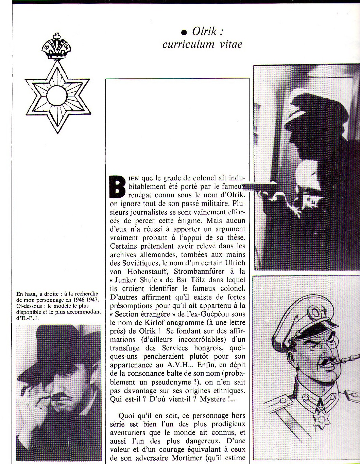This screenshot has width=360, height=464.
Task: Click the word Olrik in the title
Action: pyautogui.click(x=205, y=32)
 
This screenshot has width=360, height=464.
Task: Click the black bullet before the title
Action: pyautogui.click(x=184, y=33)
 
